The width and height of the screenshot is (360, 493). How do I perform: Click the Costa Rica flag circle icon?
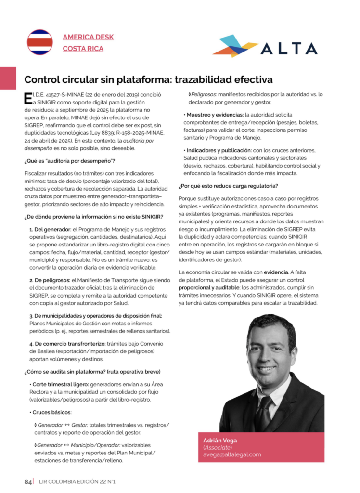point(39,42)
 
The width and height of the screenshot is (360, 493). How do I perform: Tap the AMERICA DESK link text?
point(88,37)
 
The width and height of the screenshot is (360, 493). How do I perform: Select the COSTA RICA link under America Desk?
point(83,49)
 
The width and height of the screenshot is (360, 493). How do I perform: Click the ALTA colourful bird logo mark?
point(235,46)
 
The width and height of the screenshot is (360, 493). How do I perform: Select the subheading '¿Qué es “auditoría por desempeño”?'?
point(70,160)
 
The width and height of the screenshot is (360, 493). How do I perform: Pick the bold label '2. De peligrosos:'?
point(50,280)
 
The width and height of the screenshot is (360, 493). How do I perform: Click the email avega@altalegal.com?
point(231,454)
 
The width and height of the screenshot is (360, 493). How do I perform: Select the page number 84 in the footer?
point(28,481)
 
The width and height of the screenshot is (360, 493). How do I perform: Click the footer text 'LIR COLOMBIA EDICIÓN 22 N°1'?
point(78,481)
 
